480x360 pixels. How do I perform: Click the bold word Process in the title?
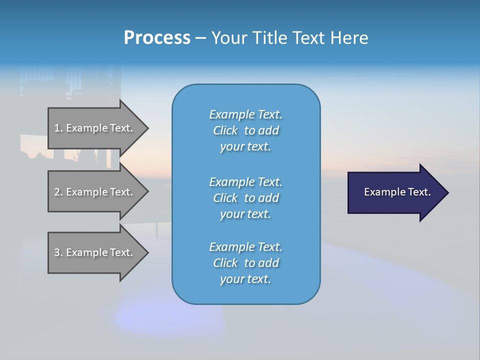tap(157, 38)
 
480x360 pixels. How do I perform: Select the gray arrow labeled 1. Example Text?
tap(95, 128)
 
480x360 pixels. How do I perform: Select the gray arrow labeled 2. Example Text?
tap(95, 192)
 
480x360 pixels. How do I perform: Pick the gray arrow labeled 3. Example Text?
tap(95, 252)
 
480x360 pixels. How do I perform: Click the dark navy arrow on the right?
tap(395, 192)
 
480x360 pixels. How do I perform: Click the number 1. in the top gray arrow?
tap(58, 128)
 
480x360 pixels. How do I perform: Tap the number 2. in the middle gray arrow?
tap(58, 192)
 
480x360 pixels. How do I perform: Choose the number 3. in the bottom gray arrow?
tap(58, 252)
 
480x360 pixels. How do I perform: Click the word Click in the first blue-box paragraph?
tap(225, 130)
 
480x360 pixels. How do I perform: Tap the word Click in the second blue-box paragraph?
tap(225, 198)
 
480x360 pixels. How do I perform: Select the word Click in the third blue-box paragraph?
tap(225, 263)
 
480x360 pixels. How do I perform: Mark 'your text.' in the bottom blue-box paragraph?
tap(245, 279)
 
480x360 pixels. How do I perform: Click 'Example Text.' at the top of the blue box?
tap(245, 114)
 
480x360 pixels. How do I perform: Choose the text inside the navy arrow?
tap(397, 192)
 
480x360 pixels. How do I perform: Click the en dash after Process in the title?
tap(200, 38)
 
